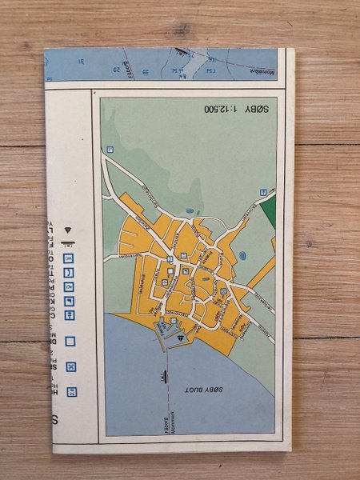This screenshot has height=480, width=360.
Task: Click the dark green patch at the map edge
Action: (268, 209)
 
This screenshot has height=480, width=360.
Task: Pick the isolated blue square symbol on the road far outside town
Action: (111, 149)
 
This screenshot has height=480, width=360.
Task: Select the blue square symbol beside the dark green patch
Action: (263, 190)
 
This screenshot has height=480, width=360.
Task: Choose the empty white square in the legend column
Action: (70, 341)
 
